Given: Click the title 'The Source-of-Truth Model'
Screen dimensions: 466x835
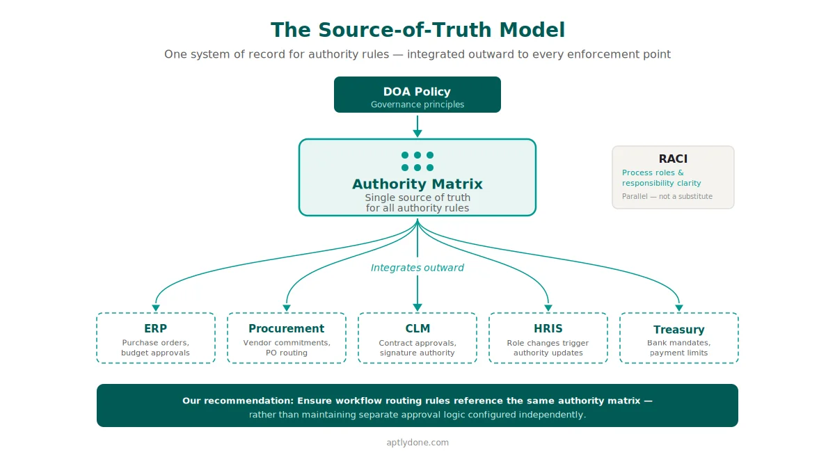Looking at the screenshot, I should click(417, 30).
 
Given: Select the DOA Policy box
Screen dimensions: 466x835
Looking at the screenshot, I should click(417, 95).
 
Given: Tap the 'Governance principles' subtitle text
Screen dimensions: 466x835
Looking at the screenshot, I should click(417, 105).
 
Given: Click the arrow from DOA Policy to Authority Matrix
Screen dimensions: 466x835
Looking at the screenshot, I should click(417, 126).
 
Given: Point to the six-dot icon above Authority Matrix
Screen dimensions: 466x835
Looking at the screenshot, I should click(417, 161).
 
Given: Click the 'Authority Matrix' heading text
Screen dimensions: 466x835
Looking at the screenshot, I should click(417, 184).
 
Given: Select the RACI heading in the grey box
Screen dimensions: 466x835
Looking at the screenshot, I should click(673, 159).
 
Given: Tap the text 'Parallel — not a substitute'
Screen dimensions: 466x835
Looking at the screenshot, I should click(667, 196).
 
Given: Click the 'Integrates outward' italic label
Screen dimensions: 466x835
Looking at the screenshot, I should click(417, 268).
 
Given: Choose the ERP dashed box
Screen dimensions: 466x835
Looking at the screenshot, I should click(156, 338).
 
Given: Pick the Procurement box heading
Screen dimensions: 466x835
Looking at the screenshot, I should click(287, 328).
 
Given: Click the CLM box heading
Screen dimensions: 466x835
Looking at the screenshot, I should click(417, 328).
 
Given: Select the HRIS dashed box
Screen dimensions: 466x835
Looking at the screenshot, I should click(548, 338).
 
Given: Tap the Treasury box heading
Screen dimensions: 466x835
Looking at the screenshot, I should click(679, 330).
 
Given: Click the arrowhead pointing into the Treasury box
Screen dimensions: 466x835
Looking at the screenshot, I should click(679, 308).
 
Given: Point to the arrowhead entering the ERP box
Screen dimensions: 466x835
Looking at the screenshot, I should click(156, 308).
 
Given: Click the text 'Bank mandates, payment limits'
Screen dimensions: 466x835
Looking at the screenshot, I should click(679, 348).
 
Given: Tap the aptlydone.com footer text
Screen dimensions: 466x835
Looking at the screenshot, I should click(417, 442).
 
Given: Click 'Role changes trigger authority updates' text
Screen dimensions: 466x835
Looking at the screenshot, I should click(548, 348).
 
